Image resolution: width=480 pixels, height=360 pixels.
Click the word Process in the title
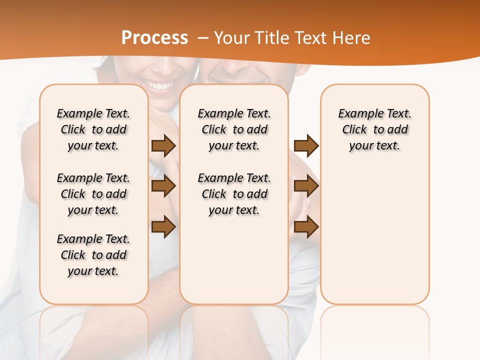coord(154,38)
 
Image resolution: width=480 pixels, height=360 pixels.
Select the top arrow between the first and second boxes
coord(163,145)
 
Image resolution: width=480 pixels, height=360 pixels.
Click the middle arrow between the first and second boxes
coord(163,186)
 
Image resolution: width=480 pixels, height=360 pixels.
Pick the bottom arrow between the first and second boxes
coord(163,227)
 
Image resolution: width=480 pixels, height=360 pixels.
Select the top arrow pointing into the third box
coord(306,145)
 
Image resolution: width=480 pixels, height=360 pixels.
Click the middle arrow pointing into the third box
coord(306,186)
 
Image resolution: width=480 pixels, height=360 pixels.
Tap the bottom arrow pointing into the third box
coord(306,227)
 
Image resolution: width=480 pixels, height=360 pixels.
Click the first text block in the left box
coord(93,129)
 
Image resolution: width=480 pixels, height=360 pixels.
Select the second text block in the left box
coord(93,194)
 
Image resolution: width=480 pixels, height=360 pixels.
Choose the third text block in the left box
coord(93,255)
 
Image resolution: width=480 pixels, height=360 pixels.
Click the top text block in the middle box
coord(234,129)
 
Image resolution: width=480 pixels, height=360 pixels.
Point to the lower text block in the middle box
coord(234,194)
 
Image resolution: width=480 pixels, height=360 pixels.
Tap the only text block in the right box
coord(374,129)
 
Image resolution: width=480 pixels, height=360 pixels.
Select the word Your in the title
coord(232,38)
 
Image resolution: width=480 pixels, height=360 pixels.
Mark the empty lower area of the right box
coord(374,235)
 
